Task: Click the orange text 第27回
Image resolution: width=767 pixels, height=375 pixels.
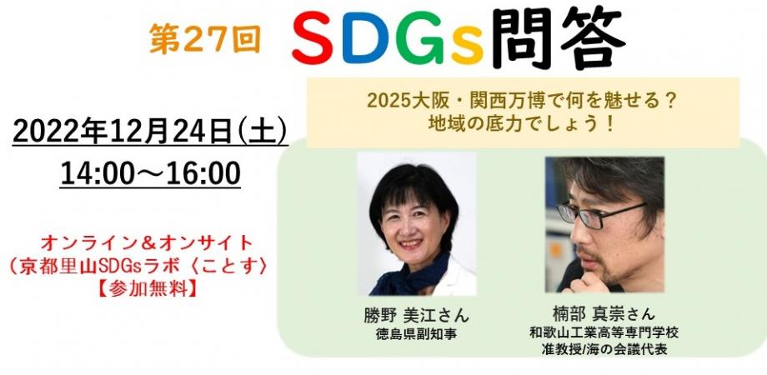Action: tap(205, 38)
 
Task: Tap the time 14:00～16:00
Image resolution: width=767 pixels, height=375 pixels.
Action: tap(151, 173)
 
